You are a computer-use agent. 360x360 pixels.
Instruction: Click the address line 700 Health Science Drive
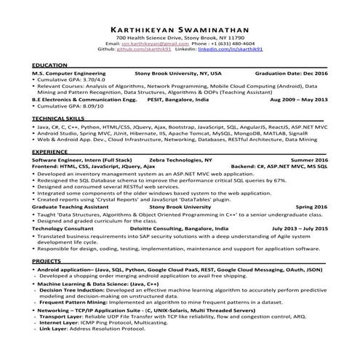180,37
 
